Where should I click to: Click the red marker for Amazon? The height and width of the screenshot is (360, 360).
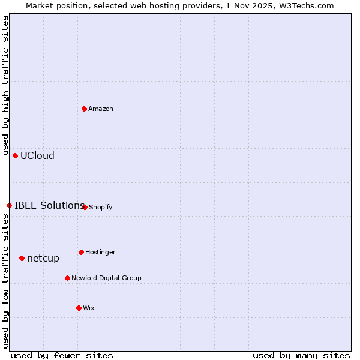[x=85, y=109]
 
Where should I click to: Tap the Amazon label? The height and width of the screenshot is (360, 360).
[x=101, y=109]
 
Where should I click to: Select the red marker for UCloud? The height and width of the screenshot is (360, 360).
[x=16, y=155]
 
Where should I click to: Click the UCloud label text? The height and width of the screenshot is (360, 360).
[x=37, y=156]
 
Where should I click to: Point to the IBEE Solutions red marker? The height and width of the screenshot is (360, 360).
[x=9, y=205]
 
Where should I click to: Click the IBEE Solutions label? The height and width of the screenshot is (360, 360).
[x=49, y=205]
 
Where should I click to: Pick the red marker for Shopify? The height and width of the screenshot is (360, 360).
[x=85, y=207]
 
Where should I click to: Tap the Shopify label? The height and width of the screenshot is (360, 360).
[x=100, y=208]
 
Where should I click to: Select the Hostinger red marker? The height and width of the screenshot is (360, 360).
[x=81, y=252]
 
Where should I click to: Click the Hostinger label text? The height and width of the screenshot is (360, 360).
[x=100, y=253]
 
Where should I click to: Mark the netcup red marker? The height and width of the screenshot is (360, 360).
[x=22, y=258]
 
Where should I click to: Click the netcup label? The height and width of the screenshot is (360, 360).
[x=43, y=259]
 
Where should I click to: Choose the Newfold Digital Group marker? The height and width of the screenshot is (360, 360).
[x=67, y=278]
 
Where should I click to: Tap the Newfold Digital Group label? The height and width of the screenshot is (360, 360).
[x=106, y=278]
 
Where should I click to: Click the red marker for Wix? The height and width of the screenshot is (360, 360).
[x=79, y=308]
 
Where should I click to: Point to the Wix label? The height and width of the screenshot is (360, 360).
[x=89, y=308]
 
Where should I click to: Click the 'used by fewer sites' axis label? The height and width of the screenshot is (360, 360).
[x=62, y=355]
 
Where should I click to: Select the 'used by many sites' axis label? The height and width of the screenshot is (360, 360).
[x=301, y=355]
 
